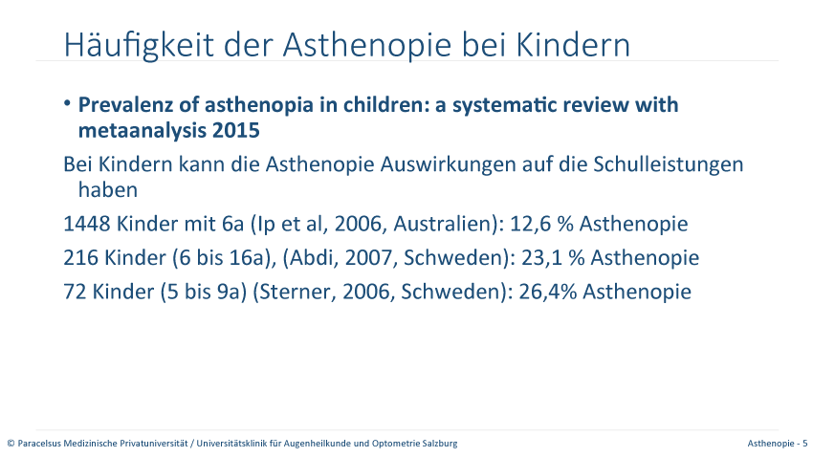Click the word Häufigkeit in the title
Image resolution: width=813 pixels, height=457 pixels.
(x=139, y=45)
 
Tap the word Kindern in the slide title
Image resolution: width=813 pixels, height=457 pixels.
(x=573, y=45)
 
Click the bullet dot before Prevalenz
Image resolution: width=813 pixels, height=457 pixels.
(x=67, y=103)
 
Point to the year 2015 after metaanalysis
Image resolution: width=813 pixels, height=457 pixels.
(x=236, y=131)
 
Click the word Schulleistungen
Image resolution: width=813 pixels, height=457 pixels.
(x=668, y=165)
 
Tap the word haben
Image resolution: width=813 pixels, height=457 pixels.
(x=108, y=189)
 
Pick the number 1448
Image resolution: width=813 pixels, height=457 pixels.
(x=87, y=224)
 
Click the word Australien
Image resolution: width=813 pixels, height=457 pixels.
(x=442, y=224)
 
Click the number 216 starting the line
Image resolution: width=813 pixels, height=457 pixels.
(x=80, y=257)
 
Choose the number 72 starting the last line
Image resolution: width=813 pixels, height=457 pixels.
(x=75, y=292)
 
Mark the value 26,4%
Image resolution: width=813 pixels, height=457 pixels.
(x=547, y=292)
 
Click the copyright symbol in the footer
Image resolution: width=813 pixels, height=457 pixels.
(x=11, y=444)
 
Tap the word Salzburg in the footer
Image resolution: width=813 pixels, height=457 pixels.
(x=441, y=444)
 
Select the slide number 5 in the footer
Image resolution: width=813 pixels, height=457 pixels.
(x=804, y=444)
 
